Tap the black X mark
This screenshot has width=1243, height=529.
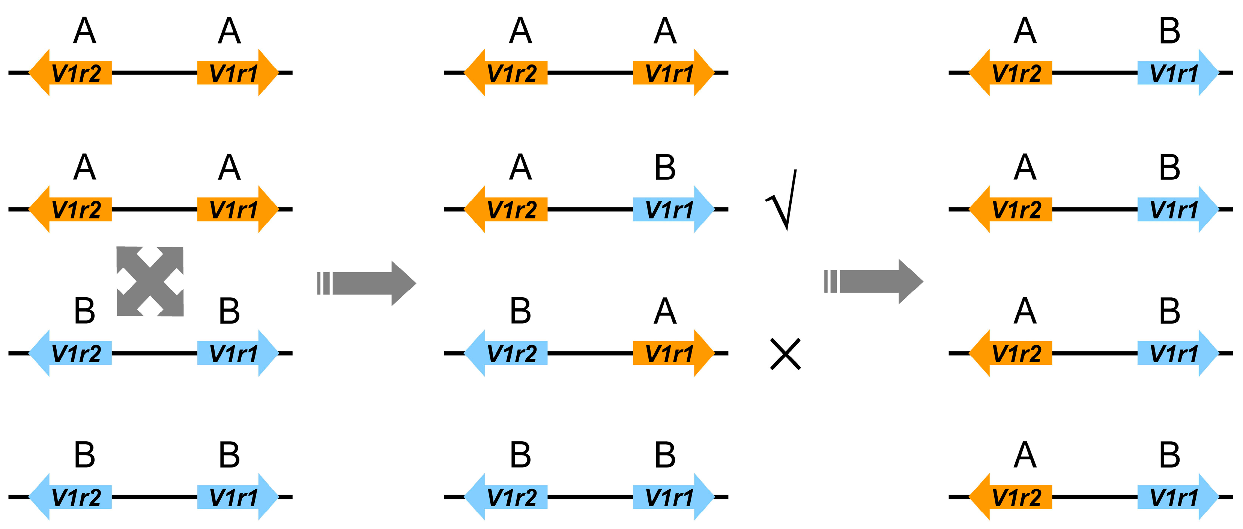pos(785,354)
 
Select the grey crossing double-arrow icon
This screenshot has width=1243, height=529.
pos(150,281)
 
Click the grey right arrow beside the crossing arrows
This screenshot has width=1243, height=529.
pos(367,283)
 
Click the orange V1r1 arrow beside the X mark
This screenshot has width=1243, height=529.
pos(673,353)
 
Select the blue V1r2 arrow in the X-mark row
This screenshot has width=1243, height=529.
pos(507,353)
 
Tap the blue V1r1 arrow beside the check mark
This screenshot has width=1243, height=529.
pos(673,209)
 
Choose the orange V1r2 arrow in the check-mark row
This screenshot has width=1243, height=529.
pos(507,209)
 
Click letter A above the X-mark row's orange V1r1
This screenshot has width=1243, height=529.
pos(665,311)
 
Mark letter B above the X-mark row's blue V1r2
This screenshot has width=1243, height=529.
pos(520,311)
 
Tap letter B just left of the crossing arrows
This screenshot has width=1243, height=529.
pos(84,311)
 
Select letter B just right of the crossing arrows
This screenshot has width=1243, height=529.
pos(229,311)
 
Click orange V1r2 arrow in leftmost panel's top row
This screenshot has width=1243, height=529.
pos(71,72)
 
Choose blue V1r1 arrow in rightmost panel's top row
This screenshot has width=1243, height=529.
pos(1177,72)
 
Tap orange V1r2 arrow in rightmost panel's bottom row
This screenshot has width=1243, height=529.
pos(1012,497)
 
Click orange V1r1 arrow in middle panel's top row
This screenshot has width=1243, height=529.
pos(673,72)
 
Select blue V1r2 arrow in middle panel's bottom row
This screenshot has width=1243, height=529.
pos(507,497)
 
